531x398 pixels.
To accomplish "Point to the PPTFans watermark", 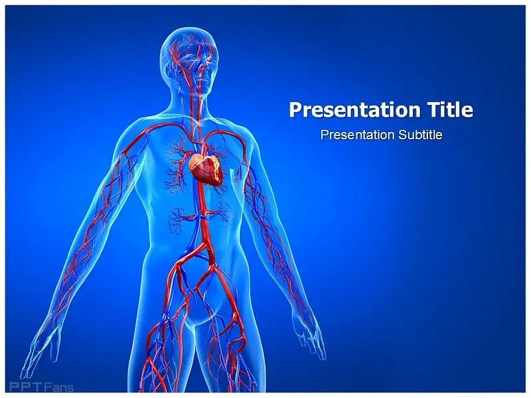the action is tap(41, 387).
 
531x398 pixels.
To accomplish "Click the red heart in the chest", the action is tap(206, 169).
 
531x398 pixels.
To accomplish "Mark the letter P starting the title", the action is tap(295, 109).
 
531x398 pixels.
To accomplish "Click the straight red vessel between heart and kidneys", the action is tap(202, 200).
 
